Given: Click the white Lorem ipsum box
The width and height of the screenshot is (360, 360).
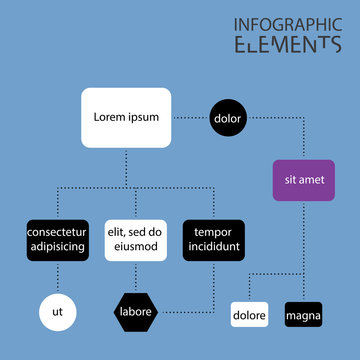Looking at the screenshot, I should [126, 118].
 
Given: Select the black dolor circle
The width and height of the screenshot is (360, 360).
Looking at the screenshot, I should [228, 118].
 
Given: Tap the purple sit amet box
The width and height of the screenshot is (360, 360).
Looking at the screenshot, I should [303, 180].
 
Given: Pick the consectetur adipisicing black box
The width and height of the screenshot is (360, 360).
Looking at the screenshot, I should [57, 240].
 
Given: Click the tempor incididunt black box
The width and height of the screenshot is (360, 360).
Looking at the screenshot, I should [213, 240].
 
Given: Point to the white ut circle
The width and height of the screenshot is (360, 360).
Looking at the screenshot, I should [57, 312].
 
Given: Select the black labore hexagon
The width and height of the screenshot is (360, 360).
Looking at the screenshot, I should [135, 311].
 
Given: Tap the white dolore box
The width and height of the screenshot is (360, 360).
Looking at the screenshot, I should [249, 315].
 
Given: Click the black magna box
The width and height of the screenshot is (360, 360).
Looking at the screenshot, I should [303, 315].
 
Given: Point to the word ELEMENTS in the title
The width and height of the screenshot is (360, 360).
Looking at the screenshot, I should [286, 44].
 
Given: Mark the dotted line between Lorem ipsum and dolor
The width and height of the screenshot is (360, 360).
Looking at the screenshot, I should [190, 118].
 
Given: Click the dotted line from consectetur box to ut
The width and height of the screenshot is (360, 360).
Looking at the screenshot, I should [57, 277].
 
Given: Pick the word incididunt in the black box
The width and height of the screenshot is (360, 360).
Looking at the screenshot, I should [213, 247].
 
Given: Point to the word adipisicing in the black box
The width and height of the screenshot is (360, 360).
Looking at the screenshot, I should [57, 247].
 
